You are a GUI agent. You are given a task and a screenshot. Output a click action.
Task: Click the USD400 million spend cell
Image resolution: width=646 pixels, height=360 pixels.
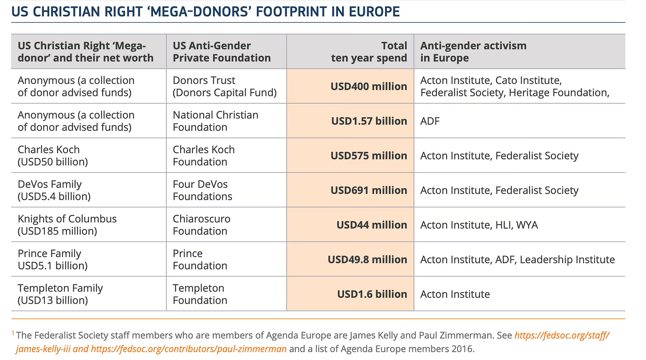(368, 86)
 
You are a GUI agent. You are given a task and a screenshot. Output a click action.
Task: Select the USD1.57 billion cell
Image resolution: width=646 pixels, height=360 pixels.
(369, 121)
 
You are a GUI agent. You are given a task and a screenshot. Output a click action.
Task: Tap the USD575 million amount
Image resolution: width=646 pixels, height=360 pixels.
(368, 155)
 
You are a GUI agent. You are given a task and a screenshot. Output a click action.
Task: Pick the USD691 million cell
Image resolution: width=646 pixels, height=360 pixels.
(368, 190)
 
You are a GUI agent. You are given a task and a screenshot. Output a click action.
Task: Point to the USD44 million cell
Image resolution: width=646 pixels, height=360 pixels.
(371, 225)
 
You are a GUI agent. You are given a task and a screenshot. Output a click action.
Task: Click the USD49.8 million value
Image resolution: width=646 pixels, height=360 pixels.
(367, 259)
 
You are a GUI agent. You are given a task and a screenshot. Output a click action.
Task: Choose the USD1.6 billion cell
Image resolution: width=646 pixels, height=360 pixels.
(372, 294)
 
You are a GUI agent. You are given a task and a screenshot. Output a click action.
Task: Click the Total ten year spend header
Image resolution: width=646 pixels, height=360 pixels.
(369, 51)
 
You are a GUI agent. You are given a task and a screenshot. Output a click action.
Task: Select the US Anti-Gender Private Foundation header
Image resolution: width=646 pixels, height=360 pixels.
(221, 51)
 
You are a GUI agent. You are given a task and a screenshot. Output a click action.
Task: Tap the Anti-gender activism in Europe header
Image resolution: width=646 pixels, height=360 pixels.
(473, 51)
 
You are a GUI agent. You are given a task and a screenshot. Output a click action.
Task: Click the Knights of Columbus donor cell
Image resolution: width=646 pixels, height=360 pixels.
(67, 225)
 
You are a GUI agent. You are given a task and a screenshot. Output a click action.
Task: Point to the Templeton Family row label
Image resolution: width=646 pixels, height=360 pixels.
(60, 294)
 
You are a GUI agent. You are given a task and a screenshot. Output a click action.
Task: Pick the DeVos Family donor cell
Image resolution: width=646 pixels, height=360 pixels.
(54, 190)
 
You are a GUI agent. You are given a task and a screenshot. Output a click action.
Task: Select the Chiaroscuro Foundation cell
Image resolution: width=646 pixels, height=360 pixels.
(201, 225)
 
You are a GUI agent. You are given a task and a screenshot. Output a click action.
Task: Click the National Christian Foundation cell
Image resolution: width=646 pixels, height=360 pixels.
(215, 121)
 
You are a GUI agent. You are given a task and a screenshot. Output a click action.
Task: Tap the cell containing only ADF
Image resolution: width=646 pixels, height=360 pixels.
(430, 121)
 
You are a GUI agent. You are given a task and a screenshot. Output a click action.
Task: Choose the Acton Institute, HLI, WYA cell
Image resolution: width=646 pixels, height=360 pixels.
(479, 225)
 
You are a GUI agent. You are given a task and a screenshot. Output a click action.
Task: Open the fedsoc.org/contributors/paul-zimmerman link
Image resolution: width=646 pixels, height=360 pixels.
(189, 348)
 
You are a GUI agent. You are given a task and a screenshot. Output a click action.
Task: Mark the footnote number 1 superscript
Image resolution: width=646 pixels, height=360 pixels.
(13, 333)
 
